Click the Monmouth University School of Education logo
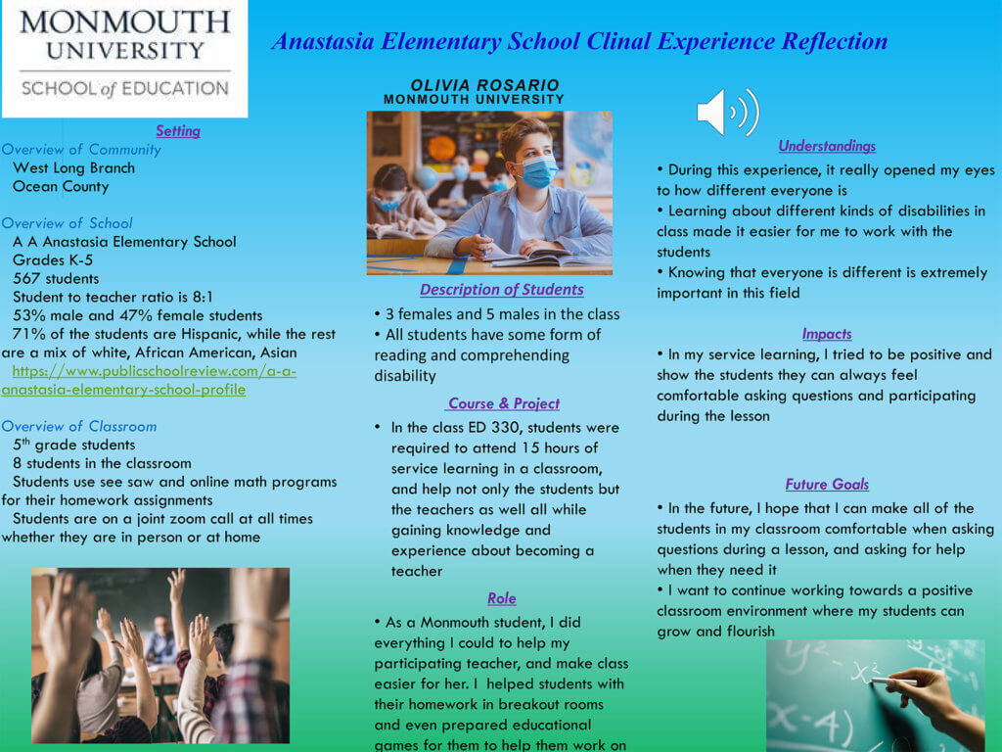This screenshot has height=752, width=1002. [x=123, y=56]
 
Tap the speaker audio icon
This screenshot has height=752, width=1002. [x=727, y=112]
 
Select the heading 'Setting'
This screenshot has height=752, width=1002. [x=177, y=130]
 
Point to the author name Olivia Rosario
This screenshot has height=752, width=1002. [x=484, y=85]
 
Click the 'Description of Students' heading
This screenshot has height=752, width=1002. [x=501, y=289]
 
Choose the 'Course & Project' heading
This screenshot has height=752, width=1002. [x=503, y=402]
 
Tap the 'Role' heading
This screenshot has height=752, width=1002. [x=501, y=597]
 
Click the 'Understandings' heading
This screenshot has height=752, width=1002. [x=827, y=145]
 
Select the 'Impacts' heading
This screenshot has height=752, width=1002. [x=827, y=333]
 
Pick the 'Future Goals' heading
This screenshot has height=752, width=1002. [x=827, y=484]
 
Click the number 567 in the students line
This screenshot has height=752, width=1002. [x=26, y=278]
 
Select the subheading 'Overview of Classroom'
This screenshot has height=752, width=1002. [x=79, y=426]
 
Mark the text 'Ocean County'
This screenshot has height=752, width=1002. [x=61, y=186]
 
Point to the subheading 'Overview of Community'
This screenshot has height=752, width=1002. [x=81, y=149]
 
